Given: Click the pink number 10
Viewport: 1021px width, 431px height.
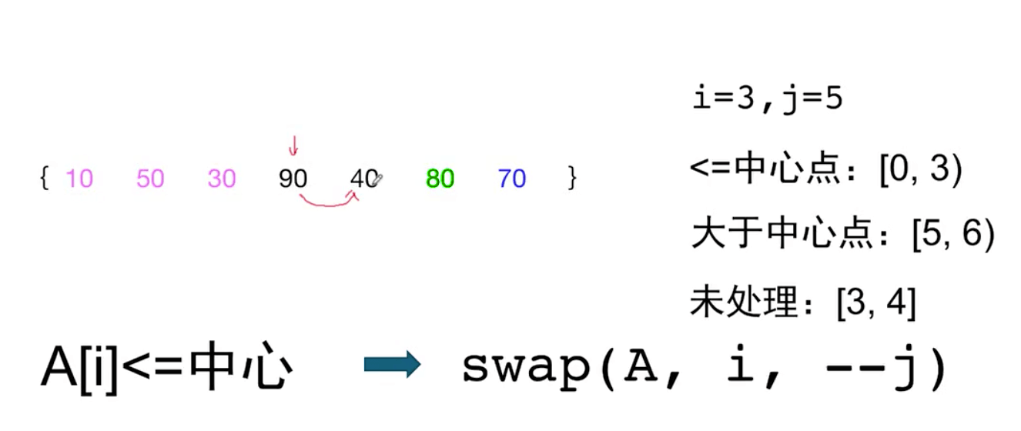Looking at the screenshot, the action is tap(79, 178).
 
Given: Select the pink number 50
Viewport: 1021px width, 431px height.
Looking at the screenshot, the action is tap(150, 178).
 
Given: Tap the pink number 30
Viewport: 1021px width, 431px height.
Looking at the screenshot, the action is tap(222, 178).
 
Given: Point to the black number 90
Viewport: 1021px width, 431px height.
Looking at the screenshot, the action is tap(293, 178).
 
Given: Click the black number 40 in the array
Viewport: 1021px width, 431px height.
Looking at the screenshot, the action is tap(363, 178).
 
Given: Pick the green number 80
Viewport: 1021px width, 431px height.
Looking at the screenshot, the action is tap(440, 178).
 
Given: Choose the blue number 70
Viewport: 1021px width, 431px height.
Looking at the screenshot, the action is tap(512, 178).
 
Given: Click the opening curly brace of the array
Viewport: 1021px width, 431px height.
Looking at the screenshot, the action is tap(44, 178).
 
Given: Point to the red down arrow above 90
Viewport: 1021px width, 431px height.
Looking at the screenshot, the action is tap(293, 145).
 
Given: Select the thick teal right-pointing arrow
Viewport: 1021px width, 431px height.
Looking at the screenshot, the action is tap(392, 365).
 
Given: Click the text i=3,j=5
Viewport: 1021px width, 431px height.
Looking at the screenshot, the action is tap(768, 99).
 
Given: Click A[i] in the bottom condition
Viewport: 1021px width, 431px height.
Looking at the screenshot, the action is tap(80, 367).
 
